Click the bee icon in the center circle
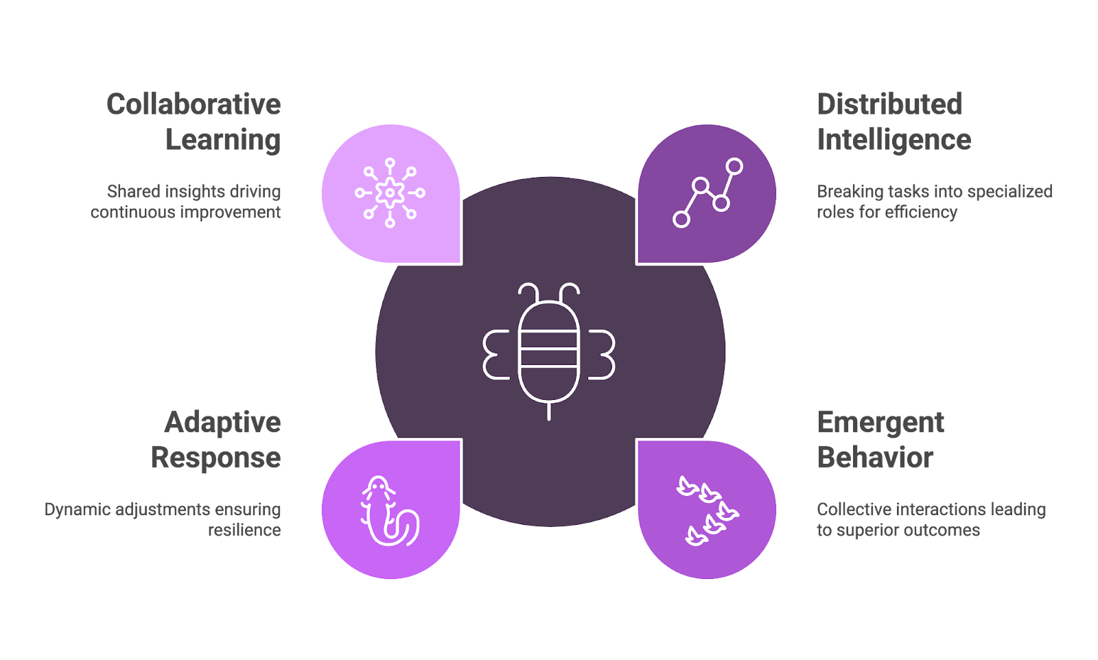coord(549,351)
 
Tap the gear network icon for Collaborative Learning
coord(390,193)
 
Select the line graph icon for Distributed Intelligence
coord(708,193)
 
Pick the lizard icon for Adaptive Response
coord(390,510)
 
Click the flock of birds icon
coord(708,510)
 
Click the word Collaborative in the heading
coord(194,104)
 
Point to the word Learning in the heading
coord(223,141)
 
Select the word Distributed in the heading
coord(889,104)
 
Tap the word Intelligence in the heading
coord(894,141)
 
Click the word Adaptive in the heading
coord(222,423)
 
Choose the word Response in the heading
coord(215,458)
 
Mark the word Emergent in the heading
coord(880,423)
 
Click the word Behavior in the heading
coord(875,458)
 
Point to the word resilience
coord(244,530)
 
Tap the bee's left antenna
coord(528,291)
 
